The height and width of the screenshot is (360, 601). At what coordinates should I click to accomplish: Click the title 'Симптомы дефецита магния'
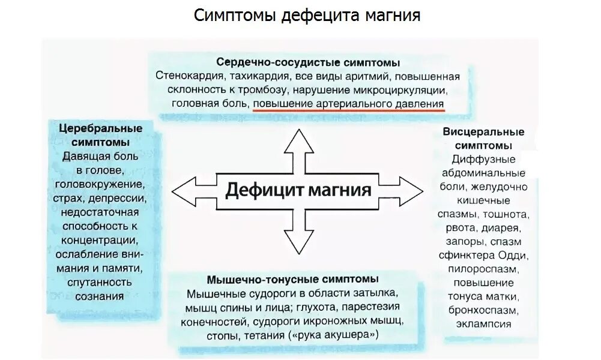click(307, 15)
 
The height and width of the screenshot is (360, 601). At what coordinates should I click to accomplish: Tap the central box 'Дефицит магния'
click(298, 191)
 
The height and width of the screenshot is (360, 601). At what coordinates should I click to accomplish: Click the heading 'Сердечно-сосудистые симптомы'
click(308, 62)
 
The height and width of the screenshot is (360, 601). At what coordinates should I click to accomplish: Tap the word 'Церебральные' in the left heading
click(101, 129)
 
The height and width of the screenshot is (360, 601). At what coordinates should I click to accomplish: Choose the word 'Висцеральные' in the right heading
click(483, 132)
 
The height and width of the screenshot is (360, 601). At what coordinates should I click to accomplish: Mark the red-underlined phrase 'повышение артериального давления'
click(349, 104)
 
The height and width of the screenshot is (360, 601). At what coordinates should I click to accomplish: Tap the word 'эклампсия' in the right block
click(483, 324)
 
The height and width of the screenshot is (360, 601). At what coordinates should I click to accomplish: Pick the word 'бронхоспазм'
click(483, 310)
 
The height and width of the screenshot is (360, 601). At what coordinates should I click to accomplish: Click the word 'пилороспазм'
click(483, 269)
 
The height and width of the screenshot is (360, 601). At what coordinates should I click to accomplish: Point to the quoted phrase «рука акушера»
click(335, 335)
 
